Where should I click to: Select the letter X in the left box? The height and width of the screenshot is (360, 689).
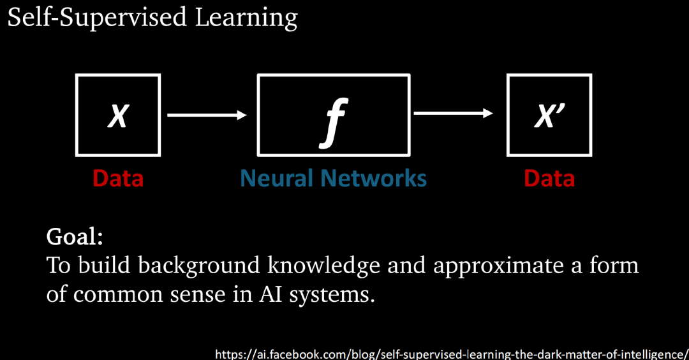coord(117,116)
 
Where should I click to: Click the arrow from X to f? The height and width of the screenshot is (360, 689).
coord(207,116)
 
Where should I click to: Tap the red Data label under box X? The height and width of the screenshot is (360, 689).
coord(118,178)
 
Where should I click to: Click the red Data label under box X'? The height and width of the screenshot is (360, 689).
coord(549,178)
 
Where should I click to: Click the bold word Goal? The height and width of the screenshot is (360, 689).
coord(75,237)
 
